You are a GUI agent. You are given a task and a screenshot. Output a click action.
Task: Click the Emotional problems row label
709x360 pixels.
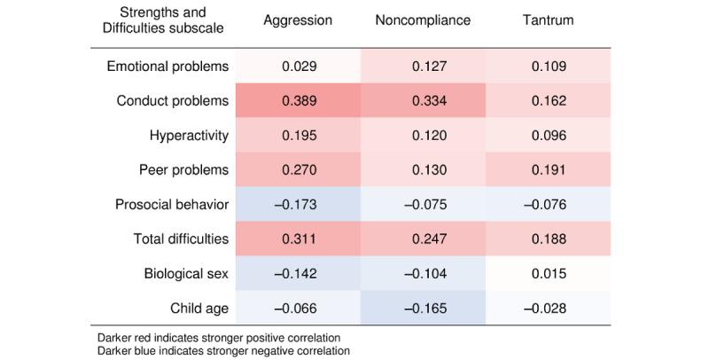tap(168, 67)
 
